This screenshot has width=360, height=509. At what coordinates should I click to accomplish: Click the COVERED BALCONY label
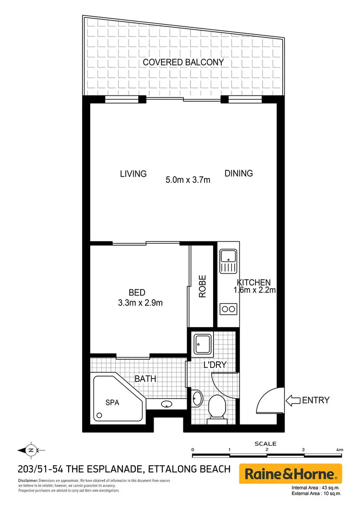[x=183, y=62]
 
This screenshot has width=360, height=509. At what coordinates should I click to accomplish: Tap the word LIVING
[x=133, y=174]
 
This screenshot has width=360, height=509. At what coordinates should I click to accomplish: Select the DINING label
[x=239, y=173]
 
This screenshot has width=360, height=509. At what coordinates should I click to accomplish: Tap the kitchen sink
[x=228, y=261]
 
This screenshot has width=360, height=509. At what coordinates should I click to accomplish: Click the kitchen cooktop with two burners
[x=228, y=308]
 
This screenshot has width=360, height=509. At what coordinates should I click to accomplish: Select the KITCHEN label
[x=254, y=283]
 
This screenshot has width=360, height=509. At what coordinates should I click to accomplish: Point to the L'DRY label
[x=214, y=366]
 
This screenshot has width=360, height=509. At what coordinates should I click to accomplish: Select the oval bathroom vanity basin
[x=167, y=403]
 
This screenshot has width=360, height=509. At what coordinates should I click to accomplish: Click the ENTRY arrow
[x=293, y=400]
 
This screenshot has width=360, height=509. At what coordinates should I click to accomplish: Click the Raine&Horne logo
[x=290, y=474]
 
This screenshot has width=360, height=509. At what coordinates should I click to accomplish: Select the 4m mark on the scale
[x=340, y=450]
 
